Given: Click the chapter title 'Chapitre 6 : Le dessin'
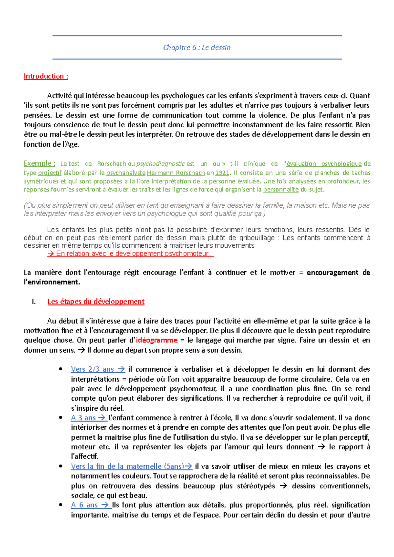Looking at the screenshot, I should [197, 48].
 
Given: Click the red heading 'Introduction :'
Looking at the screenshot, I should [46, 76].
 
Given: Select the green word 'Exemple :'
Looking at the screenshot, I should [39, 163].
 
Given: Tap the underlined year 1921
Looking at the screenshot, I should [222, 173].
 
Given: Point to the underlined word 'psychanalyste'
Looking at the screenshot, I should [126, 173].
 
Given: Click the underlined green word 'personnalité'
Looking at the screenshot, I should [281, 190].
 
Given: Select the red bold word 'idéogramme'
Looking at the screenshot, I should [157, 340].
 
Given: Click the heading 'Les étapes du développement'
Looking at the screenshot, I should [96, 301].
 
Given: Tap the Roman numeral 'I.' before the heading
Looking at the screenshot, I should [33, 302].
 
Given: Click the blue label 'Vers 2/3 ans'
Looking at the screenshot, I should [92, 369].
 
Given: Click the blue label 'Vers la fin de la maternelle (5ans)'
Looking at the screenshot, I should [127, 466].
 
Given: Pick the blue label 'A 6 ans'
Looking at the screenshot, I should [84, 505].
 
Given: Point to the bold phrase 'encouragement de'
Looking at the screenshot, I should [338, 273].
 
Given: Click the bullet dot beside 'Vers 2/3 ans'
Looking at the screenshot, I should [60, 369].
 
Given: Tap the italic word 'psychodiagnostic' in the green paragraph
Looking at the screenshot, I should [160, 164].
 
